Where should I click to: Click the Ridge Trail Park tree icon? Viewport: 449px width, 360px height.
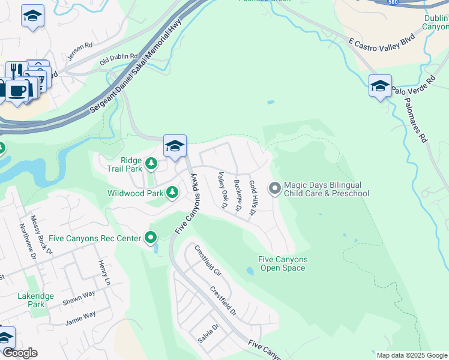pyautogui.click(x=151, y=163)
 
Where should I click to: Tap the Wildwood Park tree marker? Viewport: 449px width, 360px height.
pyautogui.click(x=173, y=193)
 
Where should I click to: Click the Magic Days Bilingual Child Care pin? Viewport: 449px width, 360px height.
pyautogui.click(x=275, y=188)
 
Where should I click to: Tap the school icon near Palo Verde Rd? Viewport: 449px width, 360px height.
pyautogui.click(x=380, y=86)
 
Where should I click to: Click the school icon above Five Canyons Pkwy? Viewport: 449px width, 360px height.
pyautogui.click(x=175, y=146)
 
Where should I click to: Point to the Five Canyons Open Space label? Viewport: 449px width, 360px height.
pyautogui.click(x=283, y=263)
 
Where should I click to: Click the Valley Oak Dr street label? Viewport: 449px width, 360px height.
pyautogui.click(x=221, y=190)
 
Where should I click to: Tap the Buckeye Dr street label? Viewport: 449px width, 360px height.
pyautogui.click(x=238, y=197)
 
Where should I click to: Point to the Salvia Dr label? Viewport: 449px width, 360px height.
pyautogui.click(x=208, y=334)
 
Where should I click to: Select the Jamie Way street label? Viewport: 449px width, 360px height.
pyautogui.click(x=80, y=317)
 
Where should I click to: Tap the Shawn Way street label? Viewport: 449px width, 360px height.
pyautogui.click(x=79, y=298)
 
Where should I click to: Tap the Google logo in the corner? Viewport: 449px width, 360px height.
pyautogui.click(x=19, y=353)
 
